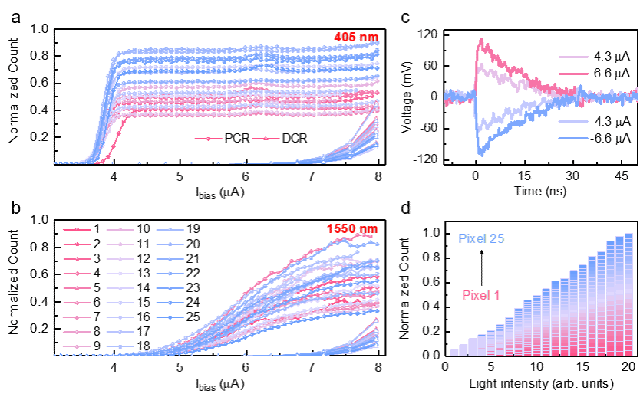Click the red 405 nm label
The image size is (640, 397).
(x=356, y=38)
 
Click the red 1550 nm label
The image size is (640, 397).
(x=352, y=228)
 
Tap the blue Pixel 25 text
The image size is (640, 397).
(x=481, y=238)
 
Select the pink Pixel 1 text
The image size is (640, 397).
(x=481, y=295)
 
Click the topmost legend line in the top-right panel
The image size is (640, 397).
(x=573, y=57)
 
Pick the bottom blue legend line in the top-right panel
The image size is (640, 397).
(x=573, y=139)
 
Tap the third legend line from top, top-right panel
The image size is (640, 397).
(x=573, y=121)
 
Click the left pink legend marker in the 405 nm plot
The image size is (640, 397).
(x=209, y=139)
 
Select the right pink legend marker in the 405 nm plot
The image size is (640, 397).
(x=266, y=139)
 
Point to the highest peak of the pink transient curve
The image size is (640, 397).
(x=480, y=40)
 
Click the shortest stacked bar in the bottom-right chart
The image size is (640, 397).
(x=454, y=352)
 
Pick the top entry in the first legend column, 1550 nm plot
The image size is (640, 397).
(x=77, y=229)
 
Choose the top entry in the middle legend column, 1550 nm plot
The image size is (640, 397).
(x=120, y=229)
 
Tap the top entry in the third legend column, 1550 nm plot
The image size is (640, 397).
(x=170, y=229)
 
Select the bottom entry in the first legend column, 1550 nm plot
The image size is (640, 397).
(x=77, y=346)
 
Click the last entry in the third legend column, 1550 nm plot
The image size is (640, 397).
(x=170, y=317)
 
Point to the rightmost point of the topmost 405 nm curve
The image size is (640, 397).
(x=378, y=43)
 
